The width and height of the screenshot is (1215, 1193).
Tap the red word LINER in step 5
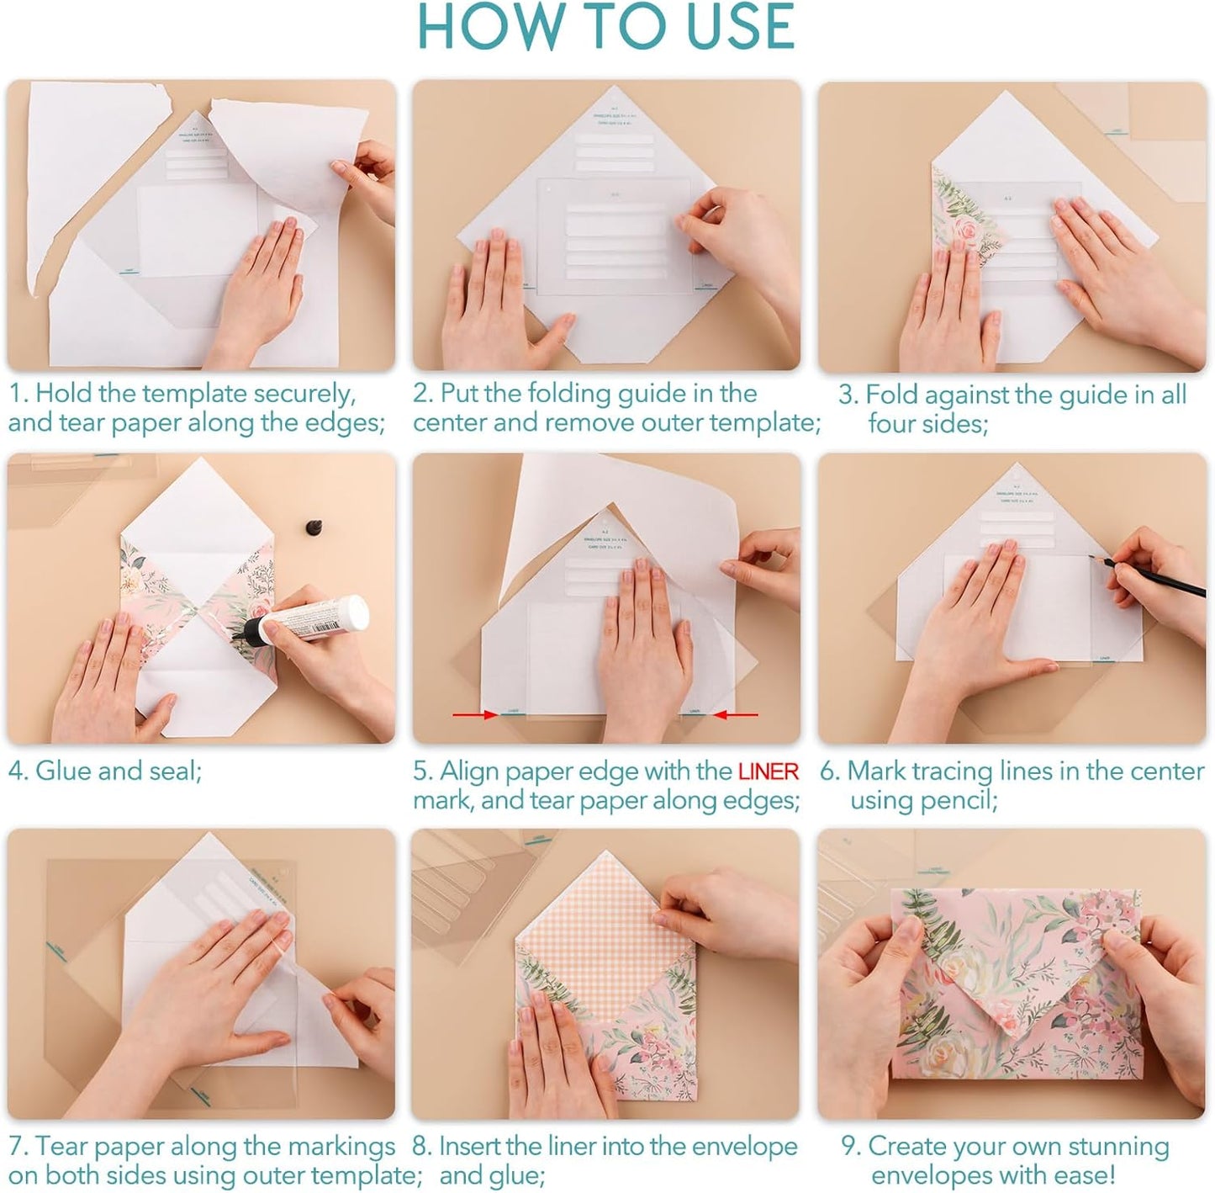768,771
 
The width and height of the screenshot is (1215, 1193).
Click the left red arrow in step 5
475,715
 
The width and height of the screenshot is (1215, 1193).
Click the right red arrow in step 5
735,715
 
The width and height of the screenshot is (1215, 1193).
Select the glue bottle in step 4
315,621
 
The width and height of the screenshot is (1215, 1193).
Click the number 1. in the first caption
18,394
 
